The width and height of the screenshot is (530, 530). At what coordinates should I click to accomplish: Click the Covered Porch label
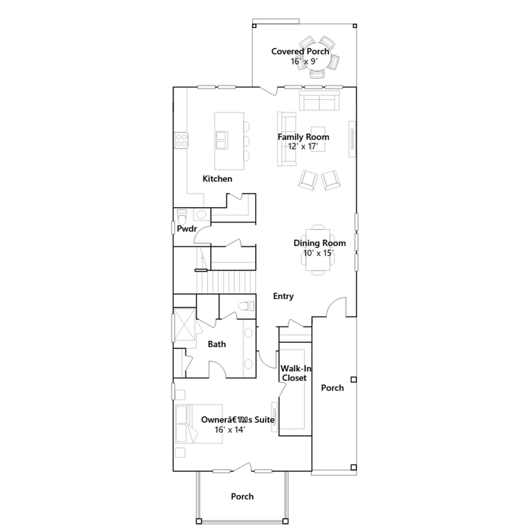tap(300, 52)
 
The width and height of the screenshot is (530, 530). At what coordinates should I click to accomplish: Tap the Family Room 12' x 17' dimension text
tap(303, 146)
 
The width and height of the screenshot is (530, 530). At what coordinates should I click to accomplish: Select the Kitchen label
tap(217, 179)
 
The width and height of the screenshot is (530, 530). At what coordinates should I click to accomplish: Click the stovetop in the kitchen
tap(181, 140)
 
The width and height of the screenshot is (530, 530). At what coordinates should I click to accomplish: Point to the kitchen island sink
tap(222, 140)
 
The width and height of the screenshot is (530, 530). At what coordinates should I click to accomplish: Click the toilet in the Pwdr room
tap(182, 216)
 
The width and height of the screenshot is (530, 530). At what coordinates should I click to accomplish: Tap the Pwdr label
tap(187, 229)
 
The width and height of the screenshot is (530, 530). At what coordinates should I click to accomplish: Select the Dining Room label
tap(320, 243)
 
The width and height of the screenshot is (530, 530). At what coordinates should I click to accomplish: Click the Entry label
tap(283, 296)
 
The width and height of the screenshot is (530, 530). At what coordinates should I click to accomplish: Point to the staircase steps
tap(226, 282)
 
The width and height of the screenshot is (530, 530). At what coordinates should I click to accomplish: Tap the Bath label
tap(217, 344)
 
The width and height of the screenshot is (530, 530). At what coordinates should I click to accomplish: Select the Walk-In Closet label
tap(295, 373)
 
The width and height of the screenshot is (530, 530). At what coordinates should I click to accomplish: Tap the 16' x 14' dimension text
tap(230, 430)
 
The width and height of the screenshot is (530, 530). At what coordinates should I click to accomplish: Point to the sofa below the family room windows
tap(319, 100)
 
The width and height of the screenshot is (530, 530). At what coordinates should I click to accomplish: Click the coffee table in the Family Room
tap(318, 139)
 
